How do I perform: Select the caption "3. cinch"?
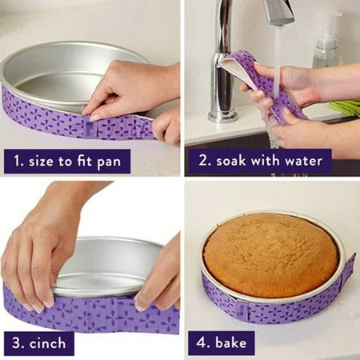point(39,342)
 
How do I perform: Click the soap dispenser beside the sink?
point(326,44)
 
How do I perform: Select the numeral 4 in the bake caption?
point(199,342)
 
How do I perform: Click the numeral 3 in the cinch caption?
point(15,342)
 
